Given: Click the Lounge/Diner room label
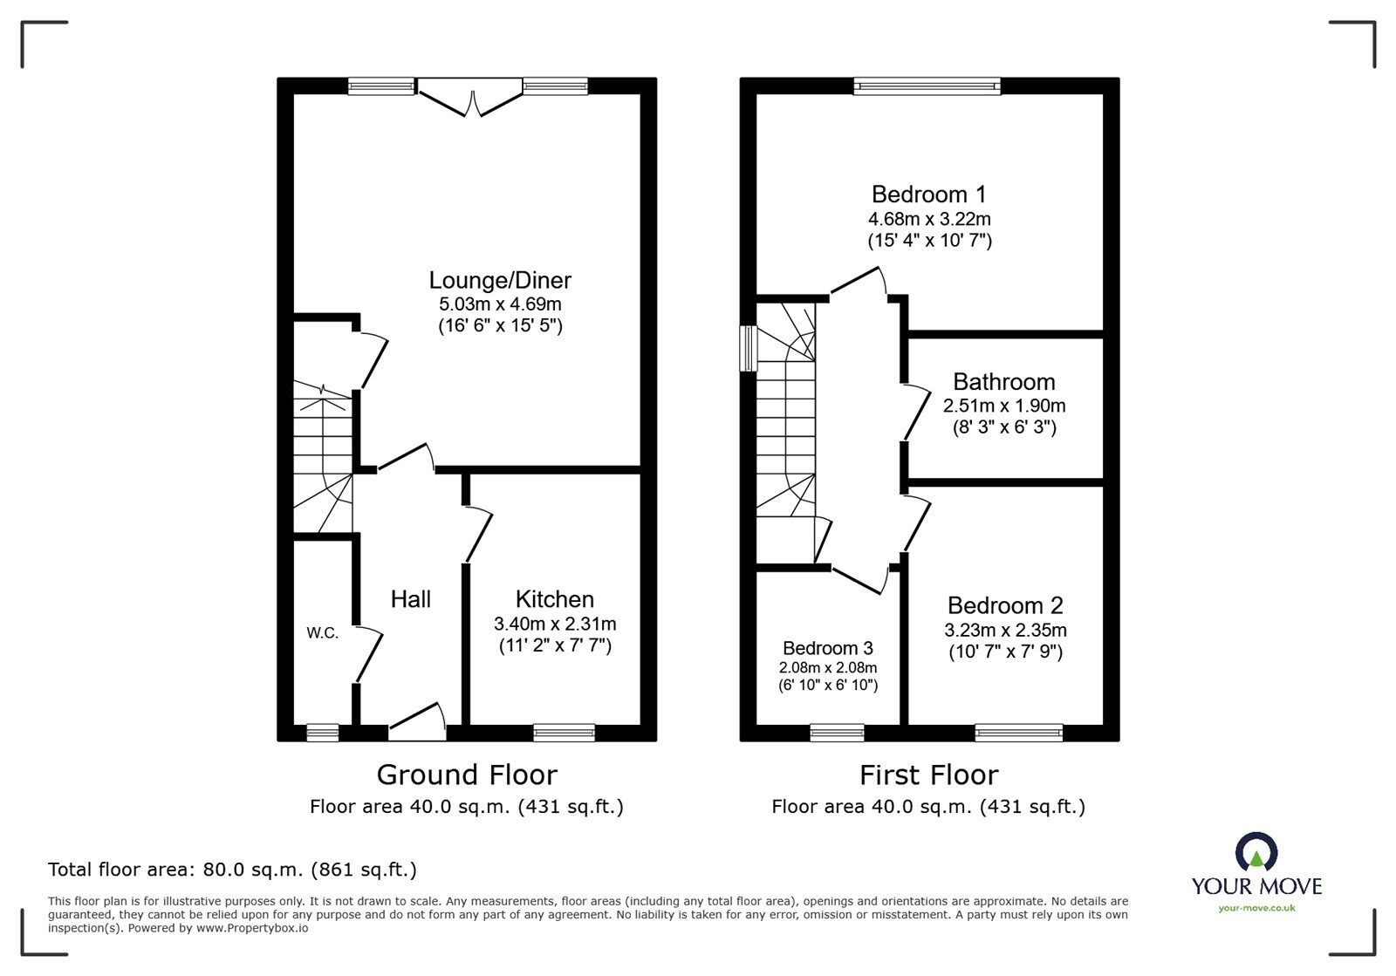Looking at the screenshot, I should click(500, 281).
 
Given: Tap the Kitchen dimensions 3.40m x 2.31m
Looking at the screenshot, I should click(555, 625).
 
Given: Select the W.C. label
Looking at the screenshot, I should click(322, 633).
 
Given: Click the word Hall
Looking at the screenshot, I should click(410, 599).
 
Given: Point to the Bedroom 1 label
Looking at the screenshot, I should click(929, 195).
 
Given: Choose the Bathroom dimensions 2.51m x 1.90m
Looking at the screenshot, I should click(1004, 406).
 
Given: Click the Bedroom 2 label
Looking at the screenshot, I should click(1005, 605).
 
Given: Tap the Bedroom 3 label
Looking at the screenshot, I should click(827, 648).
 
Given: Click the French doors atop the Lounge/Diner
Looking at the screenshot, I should click(470, 98).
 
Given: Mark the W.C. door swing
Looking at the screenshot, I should click(370, 654).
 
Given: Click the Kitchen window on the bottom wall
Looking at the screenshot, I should click(564, 733).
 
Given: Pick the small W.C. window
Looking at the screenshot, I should click(322, 733).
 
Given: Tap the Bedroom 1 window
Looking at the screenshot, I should click(927, 85).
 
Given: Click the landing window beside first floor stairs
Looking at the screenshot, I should click(748, 349).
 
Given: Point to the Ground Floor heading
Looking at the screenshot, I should click(466, 775).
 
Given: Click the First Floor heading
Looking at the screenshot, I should click(928, 775).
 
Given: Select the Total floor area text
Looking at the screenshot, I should click(232, 870).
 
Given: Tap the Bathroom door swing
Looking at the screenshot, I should click(916, 413).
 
